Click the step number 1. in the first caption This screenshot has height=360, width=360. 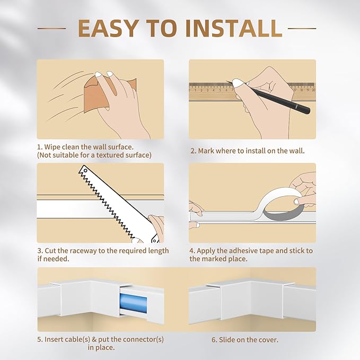(x=40, y=146)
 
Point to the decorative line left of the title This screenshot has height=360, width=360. (x=52, y=29)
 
